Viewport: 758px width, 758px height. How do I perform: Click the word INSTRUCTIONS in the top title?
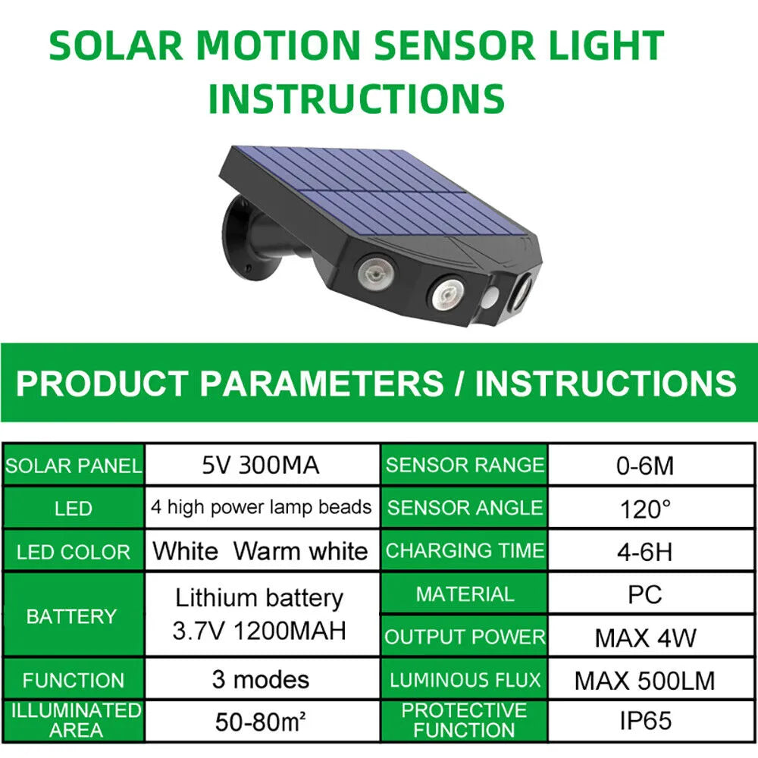coord(356,98)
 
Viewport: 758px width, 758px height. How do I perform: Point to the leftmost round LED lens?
coord(377,274)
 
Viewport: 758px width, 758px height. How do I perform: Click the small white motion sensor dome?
coord(492,297)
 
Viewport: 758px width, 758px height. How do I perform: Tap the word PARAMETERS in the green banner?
coord(321,384)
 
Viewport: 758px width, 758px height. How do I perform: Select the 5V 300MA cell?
coord(261,465)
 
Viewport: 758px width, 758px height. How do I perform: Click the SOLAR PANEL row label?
coord(74,465)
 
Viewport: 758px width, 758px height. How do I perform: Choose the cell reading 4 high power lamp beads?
coord(261,507)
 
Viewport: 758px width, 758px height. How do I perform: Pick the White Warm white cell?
coord(261,550)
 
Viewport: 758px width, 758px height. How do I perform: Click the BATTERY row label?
coord(71,616)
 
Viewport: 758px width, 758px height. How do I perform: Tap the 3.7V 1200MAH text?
coord(259,631)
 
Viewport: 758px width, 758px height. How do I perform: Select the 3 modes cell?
coord(261,680)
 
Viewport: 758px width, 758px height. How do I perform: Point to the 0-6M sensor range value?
coord(645,466)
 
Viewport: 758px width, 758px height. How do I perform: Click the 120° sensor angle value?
coord(645,509)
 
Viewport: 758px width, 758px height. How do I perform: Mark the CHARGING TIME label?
coord(465,550)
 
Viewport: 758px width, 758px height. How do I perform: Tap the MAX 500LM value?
coord(644,681)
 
